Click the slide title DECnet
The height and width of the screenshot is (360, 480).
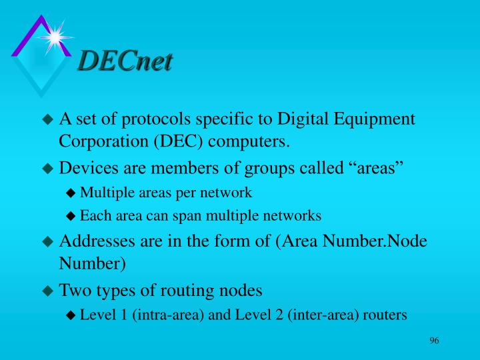click(125, 61)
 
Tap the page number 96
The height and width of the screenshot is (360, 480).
click(434, 341)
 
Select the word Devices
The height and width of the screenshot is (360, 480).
click(86, 167)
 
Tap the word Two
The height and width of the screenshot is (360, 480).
click(73, 290)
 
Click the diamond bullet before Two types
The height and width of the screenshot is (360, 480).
click(47, 291)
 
